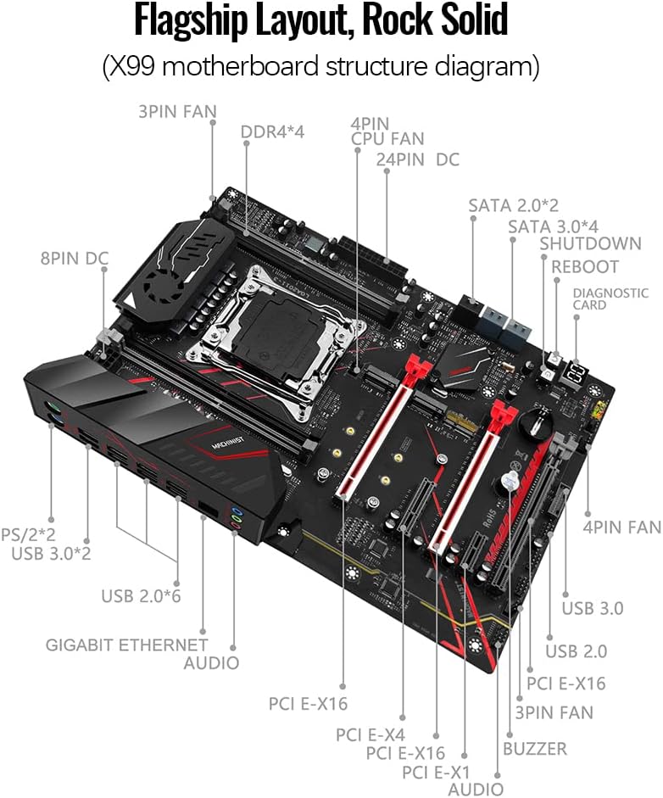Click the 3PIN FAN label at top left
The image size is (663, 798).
(177, 111)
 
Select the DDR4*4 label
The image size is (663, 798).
(272, 132)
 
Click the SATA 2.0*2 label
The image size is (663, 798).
(513, 205)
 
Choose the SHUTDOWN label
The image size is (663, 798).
(590, 243)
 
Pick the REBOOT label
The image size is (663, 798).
(585, 266)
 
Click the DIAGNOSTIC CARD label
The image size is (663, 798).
(610, 299)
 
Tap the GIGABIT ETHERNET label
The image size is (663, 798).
(126, 645)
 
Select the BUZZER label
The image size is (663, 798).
(535, 749)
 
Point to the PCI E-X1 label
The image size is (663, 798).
(436, 772)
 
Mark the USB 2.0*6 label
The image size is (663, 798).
(141, 595)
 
